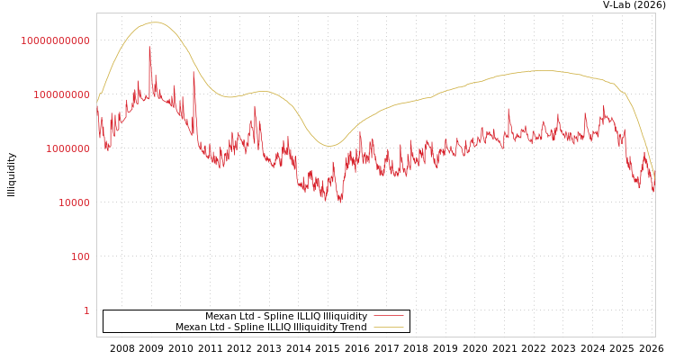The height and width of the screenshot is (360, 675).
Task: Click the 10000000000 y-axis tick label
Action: click(55, 40)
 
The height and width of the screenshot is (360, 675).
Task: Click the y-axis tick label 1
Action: click(86, 310)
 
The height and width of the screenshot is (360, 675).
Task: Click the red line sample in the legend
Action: click(388, 316)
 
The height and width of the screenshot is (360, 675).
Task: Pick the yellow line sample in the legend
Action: click(388, 328)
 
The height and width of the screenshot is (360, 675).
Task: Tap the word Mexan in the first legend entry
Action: click(220, 317)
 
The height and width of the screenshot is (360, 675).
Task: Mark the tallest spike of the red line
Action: click(149, 47)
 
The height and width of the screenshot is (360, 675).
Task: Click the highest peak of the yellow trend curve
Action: click(155, 22)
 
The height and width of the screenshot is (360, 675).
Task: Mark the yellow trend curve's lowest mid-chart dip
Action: click(329, 146)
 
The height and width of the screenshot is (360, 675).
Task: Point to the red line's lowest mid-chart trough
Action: click(339, 202)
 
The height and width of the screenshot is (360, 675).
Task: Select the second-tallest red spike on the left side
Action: click(193, 71)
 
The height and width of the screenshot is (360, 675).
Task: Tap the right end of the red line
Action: click(654, 189)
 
